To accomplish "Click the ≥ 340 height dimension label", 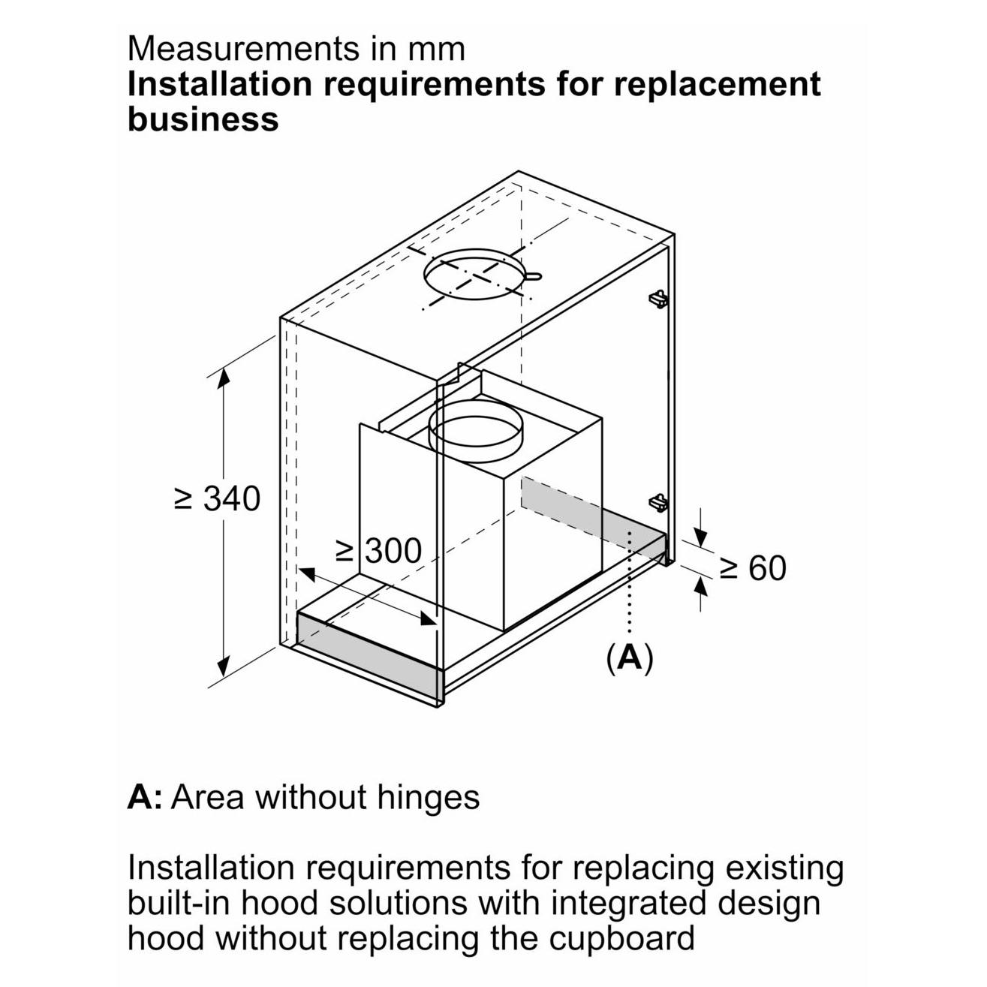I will pos(218,499).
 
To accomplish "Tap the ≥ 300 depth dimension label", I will pos(378,552).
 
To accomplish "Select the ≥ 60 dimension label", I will pos(753,568).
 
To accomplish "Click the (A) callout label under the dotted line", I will pos(629,657).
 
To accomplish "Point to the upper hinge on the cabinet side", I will pos(657,298).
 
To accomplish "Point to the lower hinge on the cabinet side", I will pos(658,501).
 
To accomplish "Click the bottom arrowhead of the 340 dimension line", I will pos(223,666).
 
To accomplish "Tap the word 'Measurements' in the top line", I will pos(241,49).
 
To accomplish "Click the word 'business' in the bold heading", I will pos(203,119).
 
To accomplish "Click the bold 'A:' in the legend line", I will pos(145,797).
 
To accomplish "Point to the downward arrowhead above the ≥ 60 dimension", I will pos(700,537).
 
